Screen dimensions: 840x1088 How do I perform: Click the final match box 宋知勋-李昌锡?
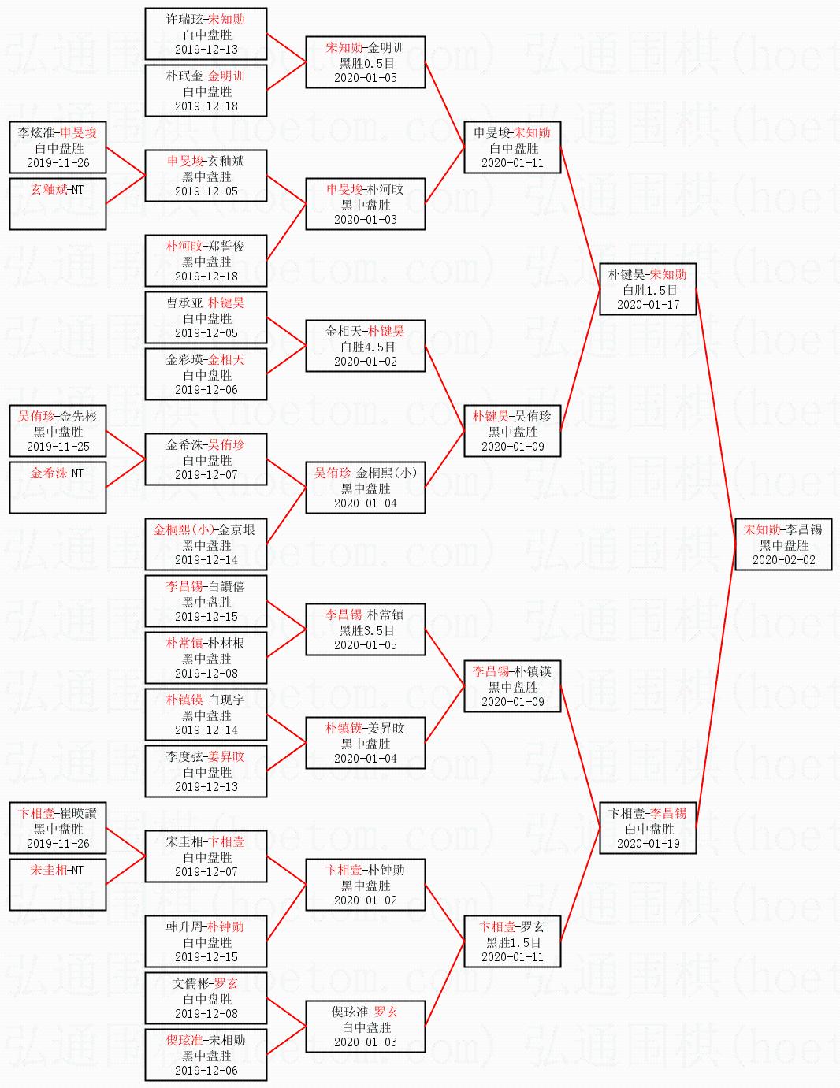pyautogui.click(x=783, y=544)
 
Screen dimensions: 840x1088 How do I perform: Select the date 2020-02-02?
pyautogui.click(x=784, y=560)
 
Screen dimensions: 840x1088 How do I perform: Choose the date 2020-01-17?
pyautogui.click(x=649, y=304)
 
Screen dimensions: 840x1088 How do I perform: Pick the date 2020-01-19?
pyautogui.click(x=649, y=843)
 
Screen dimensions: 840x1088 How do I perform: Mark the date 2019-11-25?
pyautogui.click(x=58, y=446)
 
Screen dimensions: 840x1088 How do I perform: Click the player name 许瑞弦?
pyautogui.click(x=184, y=20)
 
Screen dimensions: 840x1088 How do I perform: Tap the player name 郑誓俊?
pyautogui.click(x=226, y=247)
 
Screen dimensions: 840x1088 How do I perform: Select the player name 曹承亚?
pyautogui.click(x=184, y=303)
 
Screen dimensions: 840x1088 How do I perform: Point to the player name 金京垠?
pyautogui.click(x=236, y=529)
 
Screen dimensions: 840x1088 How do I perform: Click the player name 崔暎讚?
pyautogui.click(x=78, y=813)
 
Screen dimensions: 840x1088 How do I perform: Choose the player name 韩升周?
pyautogui.click(x=184, y=926)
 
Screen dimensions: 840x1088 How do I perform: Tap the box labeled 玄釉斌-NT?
pyautogui.click(x=58, y=204)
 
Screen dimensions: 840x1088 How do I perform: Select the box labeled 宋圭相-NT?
pyautogui.click(x=58, y=885)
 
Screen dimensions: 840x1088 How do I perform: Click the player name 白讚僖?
pyautogui.click(x=226, y=586)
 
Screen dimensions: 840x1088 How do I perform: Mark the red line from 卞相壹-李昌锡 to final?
pyautogui.click(x=715, y=686)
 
